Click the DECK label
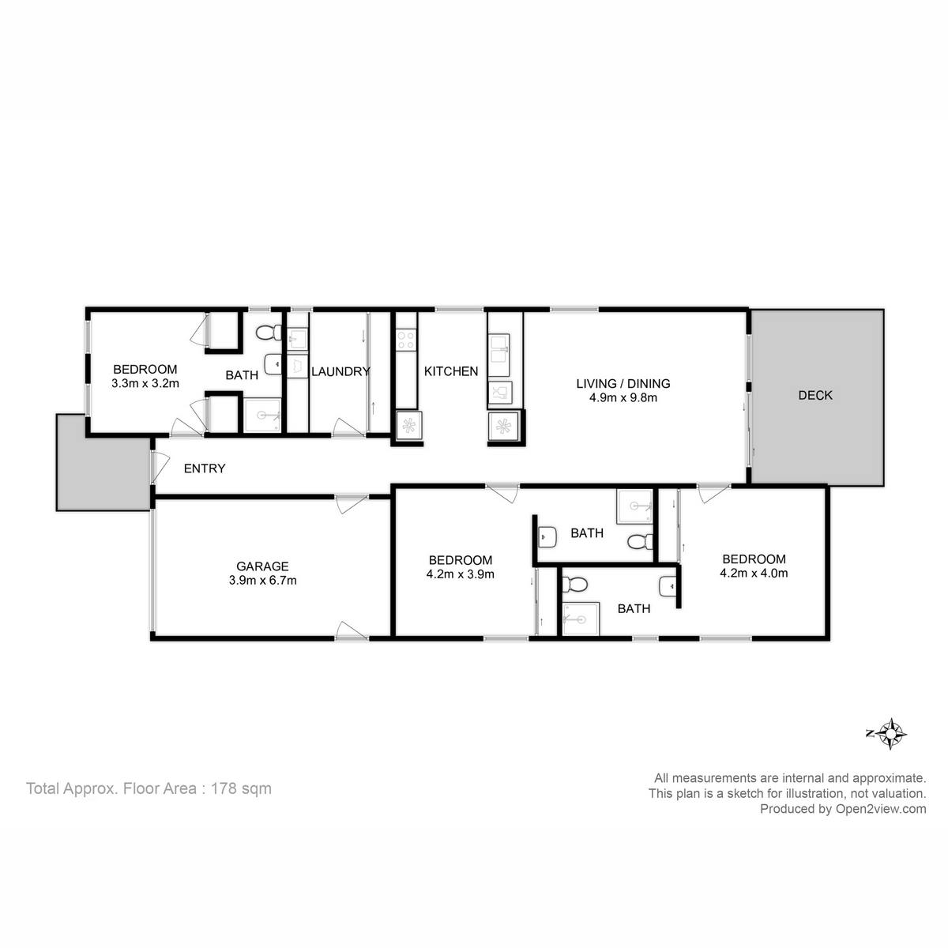pos(815,395)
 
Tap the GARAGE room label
pos(262,566)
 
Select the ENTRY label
pos(205,468)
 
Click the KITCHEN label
pos(451,371)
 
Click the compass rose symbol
pos(891,734)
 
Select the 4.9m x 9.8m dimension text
pos(623,398)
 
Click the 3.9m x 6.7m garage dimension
pos(262,580)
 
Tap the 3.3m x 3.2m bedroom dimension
pos(145,384)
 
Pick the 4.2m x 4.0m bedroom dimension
pos(754,574)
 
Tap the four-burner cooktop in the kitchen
pos(406,340)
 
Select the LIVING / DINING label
pos(623,384)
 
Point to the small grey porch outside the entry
pos(103,462)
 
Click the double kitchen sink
pos(500,353)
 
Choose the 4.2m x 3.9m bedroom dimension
pos(460,574)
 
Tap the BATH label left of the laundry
pos(242,375)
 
